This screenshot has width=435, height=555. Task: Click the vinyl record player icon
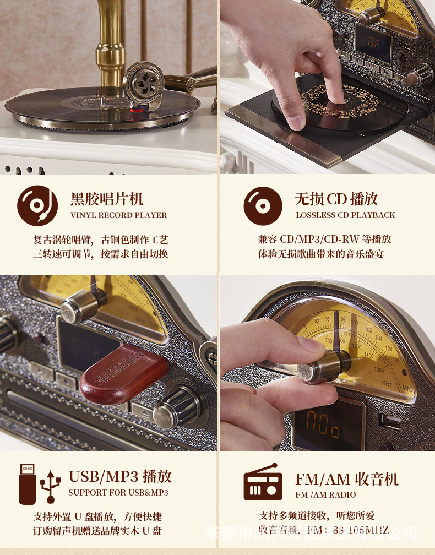click(x=37, y=206)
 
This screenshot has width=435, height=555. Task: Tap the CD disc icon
click(x=263, y=206)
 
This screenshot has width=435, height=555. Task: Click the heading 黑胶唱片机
click(x=107, y=199)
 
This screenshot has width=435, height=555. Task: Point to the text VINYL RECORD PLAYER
click(x=118, y=215)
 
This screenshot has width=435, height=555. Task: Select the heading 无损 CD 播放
click(x=336, y=199)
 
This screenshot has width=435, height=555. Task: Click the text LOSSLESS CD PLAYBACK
click(x=345, y=215)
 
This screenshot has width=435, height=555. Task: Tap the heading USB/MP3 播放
click(x=120, y=476)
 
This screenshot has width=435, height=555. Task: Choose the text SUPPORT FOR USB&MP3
click(x=118, y=493)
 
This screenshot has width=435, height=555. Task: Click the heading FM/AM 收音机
click(x=346, y=479)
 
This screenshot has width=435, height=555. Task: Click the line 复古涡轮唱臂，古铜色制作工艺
click(x=100, y=240)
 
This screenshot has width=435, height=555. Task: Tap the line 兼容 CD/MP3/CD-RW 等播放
click(x=325, y=240)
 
